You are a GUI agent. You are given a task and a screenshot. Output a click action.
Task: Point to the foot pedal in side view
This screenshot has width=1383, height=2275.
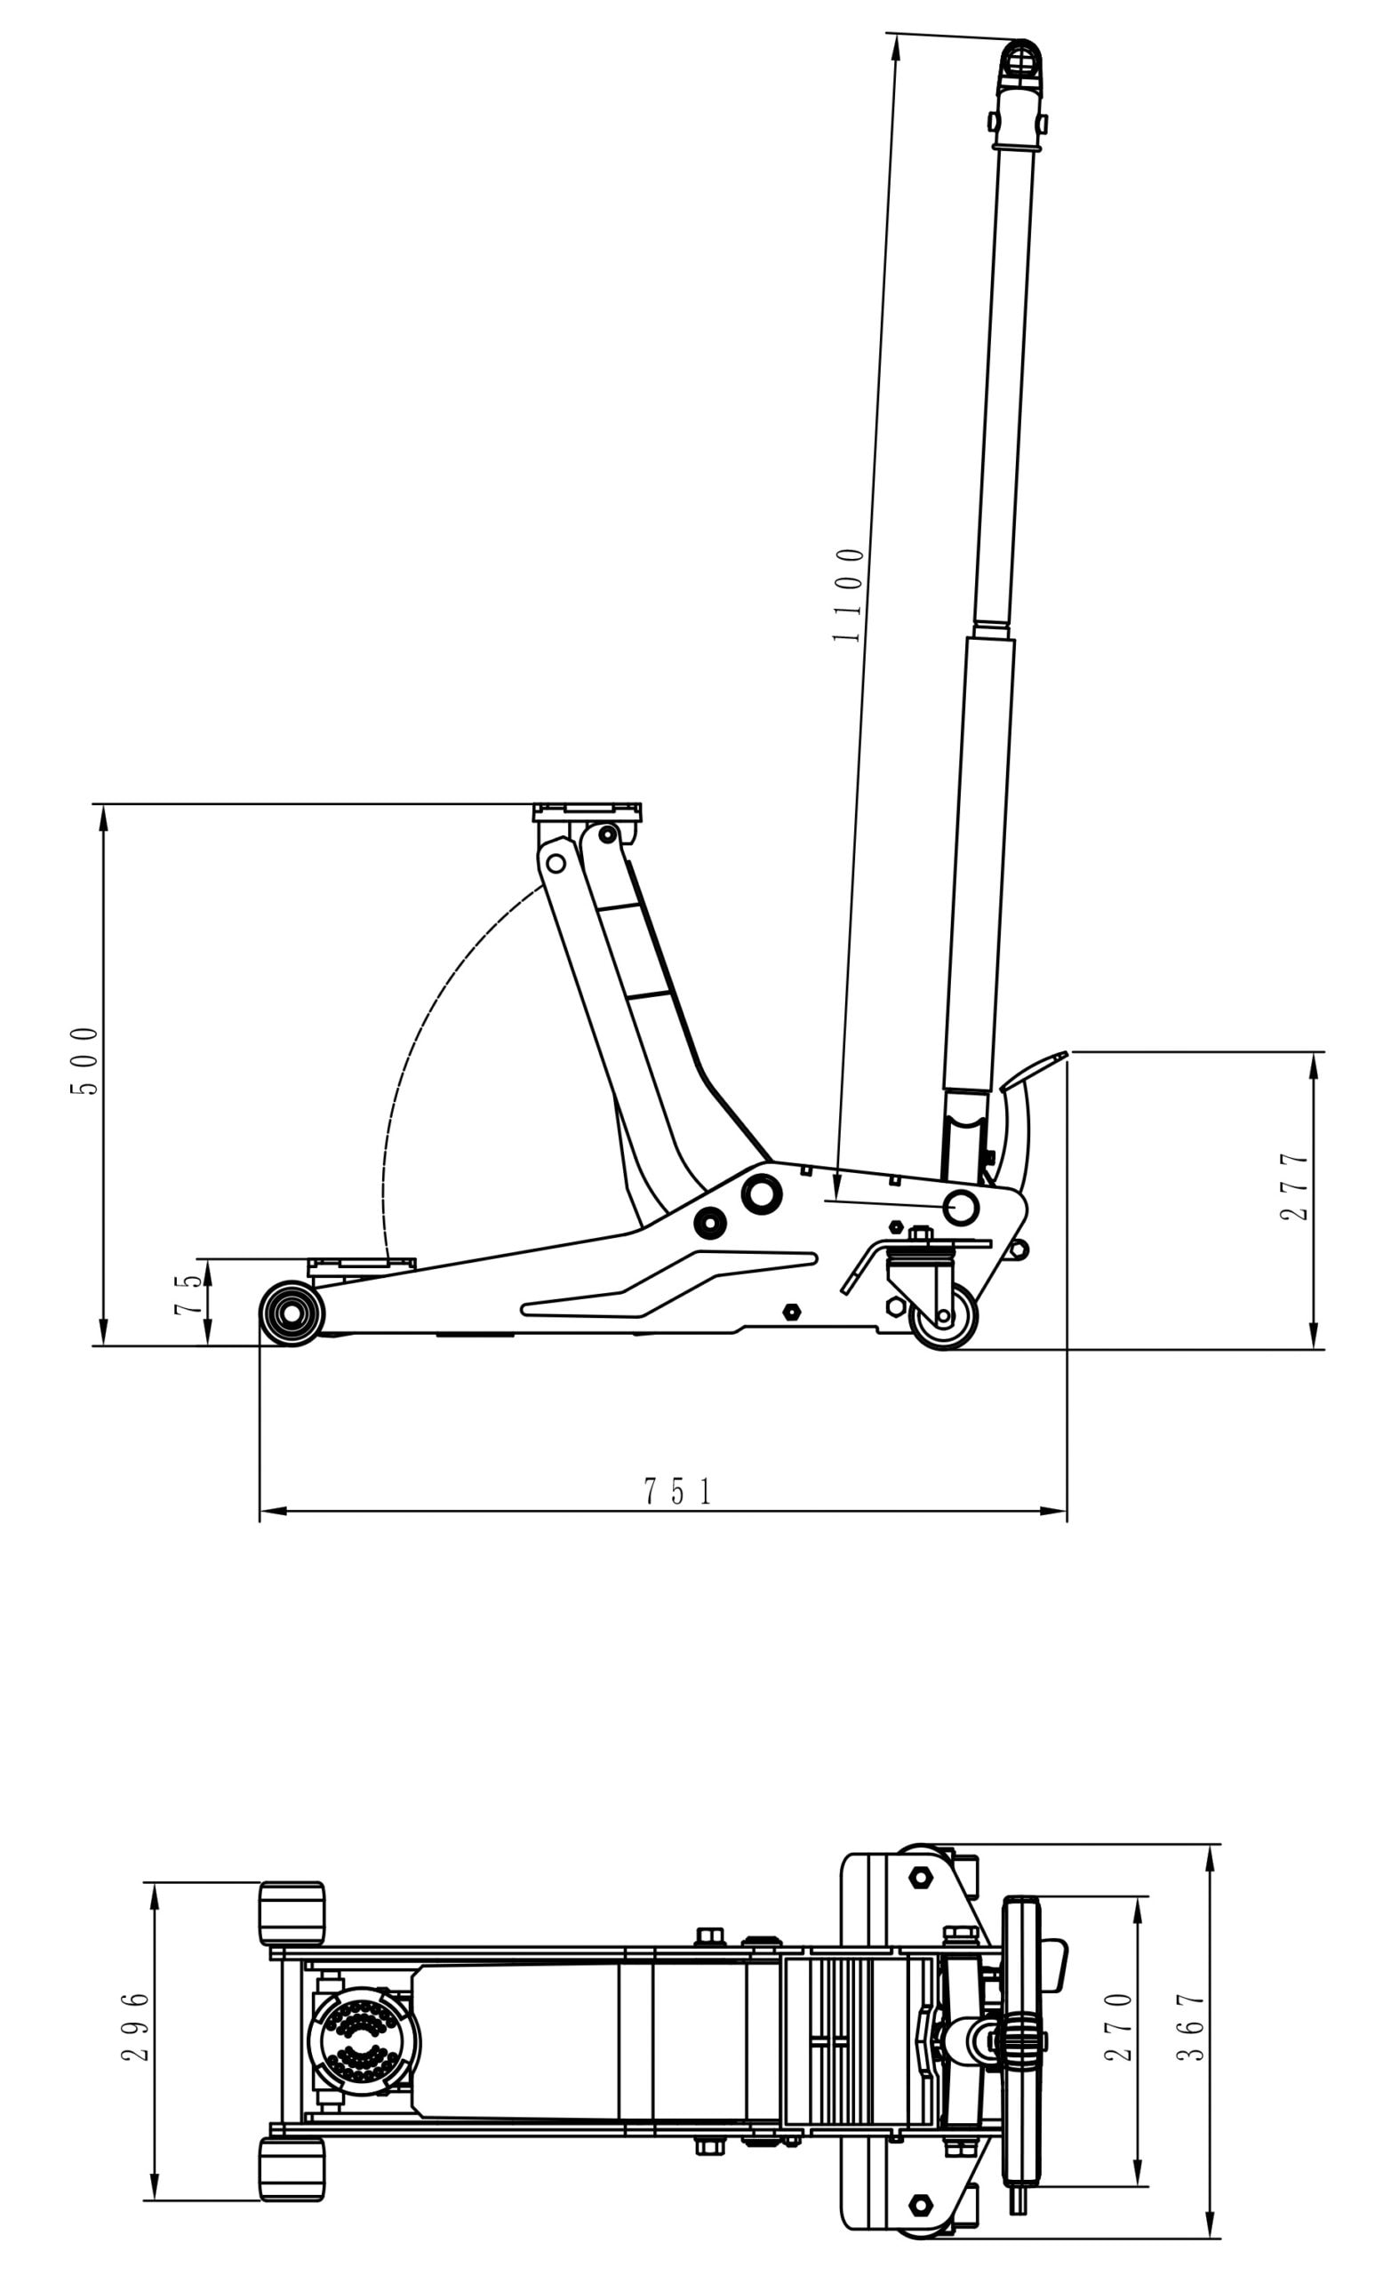tap(1032, 1068)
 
